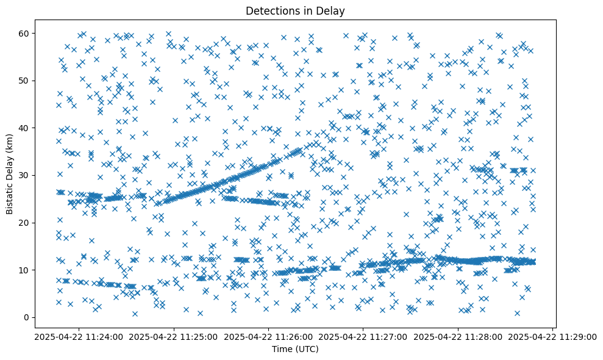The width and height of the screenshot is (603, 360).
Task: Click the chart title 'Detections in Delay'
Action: pyautogui.click(x=295, y=10)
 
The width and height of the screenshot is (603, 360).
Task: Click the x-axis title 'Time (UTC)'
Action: pyautogui.click(x=295, y=350)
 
